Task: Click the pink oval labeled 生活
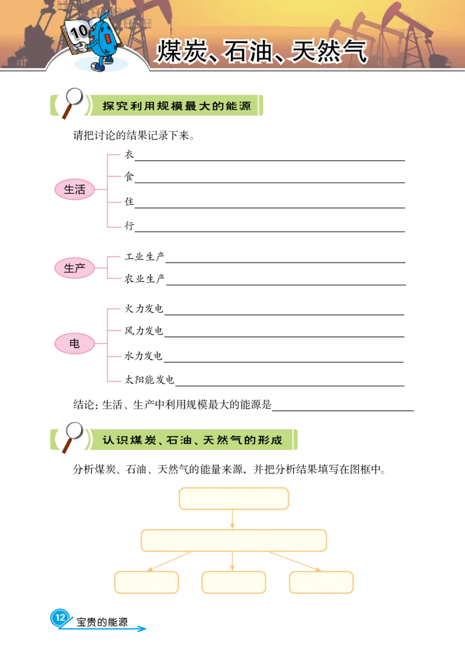[x=74, y=190]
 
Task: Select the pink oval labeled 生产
[x=74, y=268]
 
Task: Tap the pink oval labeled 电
[x=74, y=344]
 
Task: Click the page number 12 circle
[x=60, y=617]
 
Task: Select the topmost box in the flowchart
[x=234, y=499]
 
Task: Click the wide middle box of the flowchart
[x=234, y=541]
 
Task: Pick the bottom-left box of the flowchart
[x=146, y=582]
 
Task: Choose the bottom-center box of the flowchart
[x=234, y=582]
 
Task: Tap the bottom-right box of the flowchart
[x=321, y=582]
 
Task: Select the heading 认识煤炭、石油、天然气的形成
[x=192, y=440]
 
